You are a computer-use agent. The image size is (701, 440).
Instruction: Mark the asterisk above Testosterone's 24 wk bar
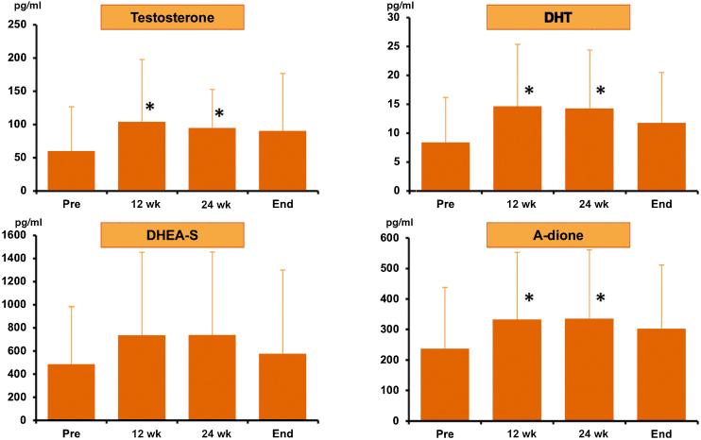coord(219,114)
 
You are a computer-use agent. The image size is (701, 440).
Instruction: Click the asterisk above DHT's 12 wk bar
coord(529,93)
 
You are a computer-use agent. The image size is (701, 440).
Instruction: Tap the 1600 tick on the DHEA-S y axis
coord(17,235)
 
